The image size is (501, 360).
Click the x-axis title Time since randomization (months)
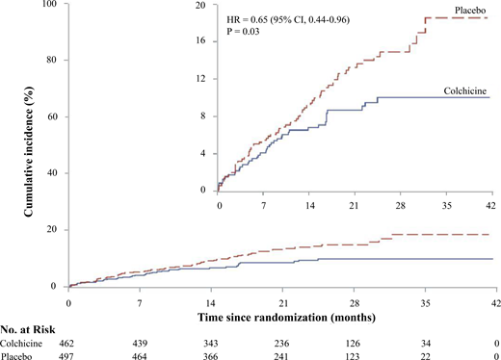pyautogui.click(x=281, y=316)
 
